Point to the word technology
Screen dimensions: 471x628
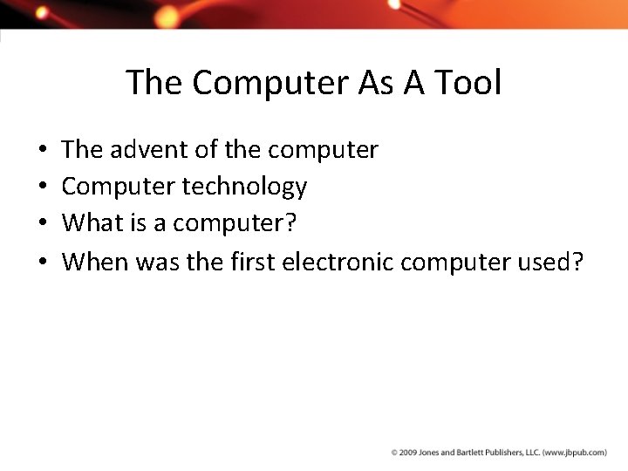click(x=245, y=187)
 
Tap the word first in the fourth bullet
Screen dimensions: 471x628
click(x=252, y=261)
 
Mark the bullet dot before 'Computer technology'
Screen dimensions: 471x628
click(x=42, y=188)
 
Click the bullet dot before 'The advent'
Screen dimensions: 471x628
click(x=42, y=151)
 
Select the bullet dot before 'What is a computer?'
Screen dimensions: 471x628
click(x=42, y=224)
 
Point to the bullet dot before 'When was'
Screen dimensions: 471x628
click(x=42, y=262)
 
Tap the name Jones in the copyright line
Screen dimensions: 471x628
click(x=429, y=453)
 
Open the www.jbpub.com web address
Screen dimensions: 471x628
click(x=575, y=453)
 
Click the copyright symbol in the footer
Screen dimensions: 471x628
click(x=394, y=453)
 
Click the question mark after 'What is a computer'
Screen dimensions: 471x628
click(x=291, y=223)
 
